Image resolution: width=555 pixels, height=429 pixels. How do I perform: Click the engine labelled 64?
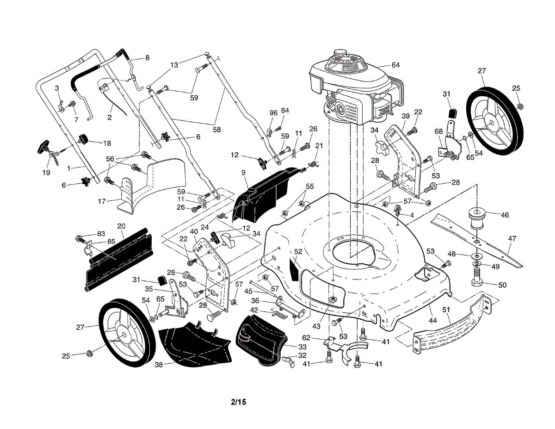(351, 88)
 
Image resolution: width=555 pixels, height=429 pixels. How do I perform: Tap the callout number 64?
(395, 65)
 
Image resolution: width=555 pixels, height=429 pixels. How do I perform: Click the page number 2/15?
(238, 402)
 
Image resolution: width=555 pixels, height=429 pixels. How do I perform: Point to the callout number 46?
(505, 215)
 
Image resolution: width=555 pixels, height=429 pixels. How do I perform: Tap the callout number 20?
(121, 226)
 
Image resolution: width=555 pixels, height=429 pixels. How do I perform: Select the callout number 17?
(102, 201)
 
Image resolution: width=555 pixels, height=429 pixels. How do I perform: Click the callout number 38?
(159, 364)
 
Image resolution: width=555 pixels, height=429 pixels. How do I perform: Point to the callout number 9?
(243, 173)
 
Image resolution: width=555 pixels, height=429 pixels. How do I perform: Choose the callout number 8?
(147, 58)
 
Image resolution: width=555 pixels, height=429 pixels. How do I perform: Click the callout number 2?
(110, 118)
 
